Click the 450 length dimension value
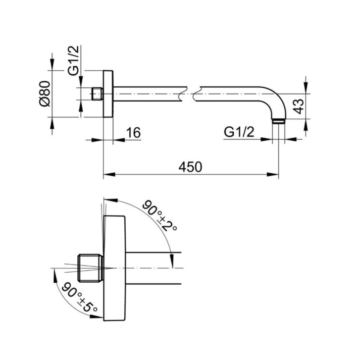(x=190, y=167)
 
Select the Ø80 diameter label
(x=45, y=94)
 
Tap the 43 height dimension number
(x=299, y=106)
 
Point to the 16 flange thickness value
(x=133, y=133)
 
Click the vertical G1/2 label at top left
(x=73, y=60)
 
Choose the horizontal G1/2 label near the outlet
(x=239, y=132)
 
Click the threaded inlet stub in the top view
(x=98, y=94)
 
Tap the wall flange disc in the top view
(x=108, y=94)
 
